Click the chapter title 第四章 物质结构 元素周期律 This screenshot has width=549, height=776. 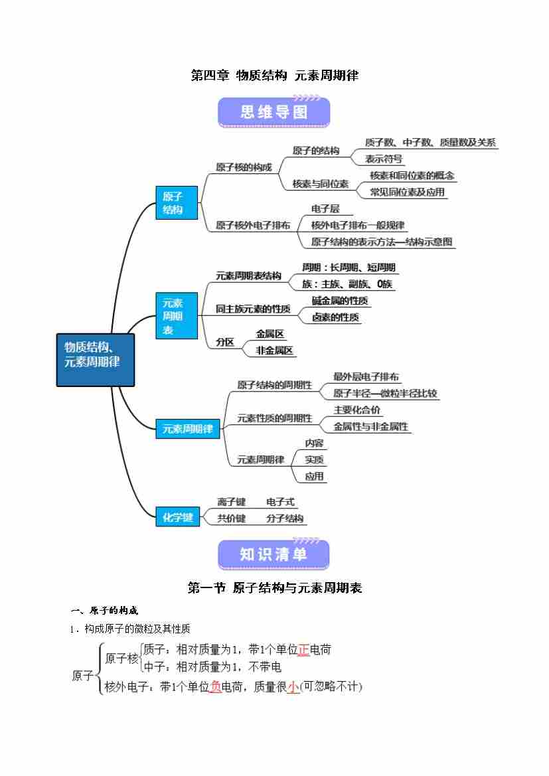(274, 76)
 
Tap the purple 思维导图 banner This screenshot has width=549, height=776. (274, 112)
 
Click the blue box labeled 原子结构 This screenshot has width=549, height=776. (176, 203)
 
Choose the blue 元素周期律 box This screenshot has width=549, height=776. (188, 429)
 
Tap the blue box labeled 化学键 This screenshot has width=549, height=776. (177, 517)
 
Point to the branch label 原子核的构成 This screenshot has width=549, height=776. (244, 167)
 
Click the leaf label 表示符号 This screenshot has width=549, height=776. (384, 159)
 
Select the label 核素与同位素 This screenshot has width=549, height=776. (321, 184)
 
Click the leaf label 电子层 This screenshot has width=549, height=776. (325, 208)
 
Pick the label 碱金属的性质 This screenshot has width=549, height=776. (341, 301)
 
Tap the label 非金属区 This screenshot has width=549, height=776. (274, 350)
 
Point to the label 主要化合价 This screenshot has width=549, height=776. (357, 410)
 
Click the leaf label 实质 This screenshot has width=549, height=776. (314, 459)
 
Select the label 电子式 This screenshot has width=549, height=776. (280, 502)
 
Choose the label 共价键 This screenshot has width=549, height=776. (231, 518)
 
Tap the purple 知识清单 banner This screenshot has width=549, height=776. (274, 554)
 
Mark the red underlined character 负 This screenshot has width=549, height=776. (215, 688)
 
